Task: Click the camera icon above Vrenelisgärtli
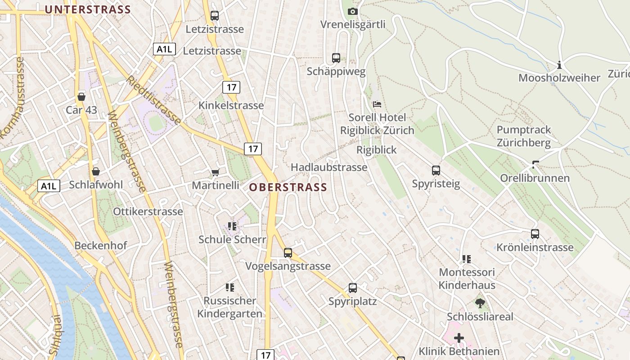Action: pos(353,11)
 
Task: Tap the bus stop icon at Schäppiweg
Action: pos(336,58)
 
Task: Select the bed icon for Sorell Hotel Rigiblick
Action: pos(377,104)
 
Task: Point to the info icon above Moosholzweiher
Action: pos(559,65)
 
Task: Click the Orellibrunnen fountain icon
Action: pos(535,165)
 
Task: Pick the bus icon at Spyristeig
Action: pos(436,171)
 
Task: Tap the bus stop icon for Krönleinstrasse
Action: pos(535,234)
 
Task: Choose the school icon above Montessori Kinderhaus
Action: pos(466,259)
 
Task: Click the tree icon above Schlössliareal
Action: pos(480,303)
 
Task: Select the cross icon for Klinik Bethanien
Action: pos(459,337)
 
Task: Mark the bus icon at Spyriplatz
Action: pos(353,288)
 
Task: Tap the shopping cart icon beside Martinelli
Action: pos(215,172)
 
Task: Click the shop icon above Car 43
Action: pos(81,97)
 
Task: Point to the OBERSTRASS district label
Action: pos(288,188)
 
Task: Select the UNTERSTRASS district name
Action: pos(88,9)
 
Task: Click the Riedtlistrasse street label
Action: pos(153,100)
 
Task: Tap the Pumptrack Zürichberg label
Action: pos(524,136)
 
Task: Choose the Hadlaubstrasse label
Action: pos(329,167)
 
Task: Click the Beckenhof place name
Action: pos(101,246)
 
